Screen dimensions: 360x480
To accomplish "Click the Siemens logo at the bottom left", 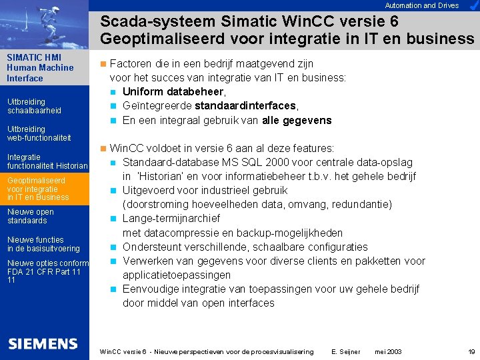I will pos(43,344).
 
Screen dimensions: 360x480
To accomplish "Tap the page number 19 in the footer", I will pos(471,351).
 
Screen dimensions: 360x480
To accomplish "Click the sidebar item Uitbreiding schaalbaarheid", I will pos(34,106).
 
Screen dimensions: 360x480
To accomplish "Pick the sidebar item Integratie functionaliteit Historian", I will pos(47,161).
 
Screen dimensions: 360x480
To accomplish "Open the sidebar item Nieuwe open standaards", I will pos(31,216).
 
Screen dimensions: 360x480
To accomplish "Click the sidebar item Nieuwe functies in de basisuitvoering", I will pos(43,244).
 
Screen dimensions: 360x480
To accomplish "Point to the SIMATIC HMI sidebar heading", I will pos(40,67).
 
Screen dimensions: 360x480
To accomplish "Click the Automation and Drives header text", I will pos(422,5).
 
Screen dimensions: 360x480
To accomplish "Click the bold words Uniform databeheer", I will pos(174,91).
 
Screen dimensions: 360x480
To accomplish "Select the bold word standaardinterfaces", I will pos(245,106).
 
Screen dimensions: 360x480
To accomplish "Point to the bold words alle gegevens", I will pos(298,121).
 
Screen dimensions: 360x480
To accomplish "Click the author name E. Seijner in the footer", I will pos(345,351).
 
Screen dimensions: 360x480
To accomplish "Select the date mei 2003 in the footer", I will pos(388,351).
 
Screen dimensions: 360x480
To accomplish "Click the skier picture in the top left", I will pos(44,24).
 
